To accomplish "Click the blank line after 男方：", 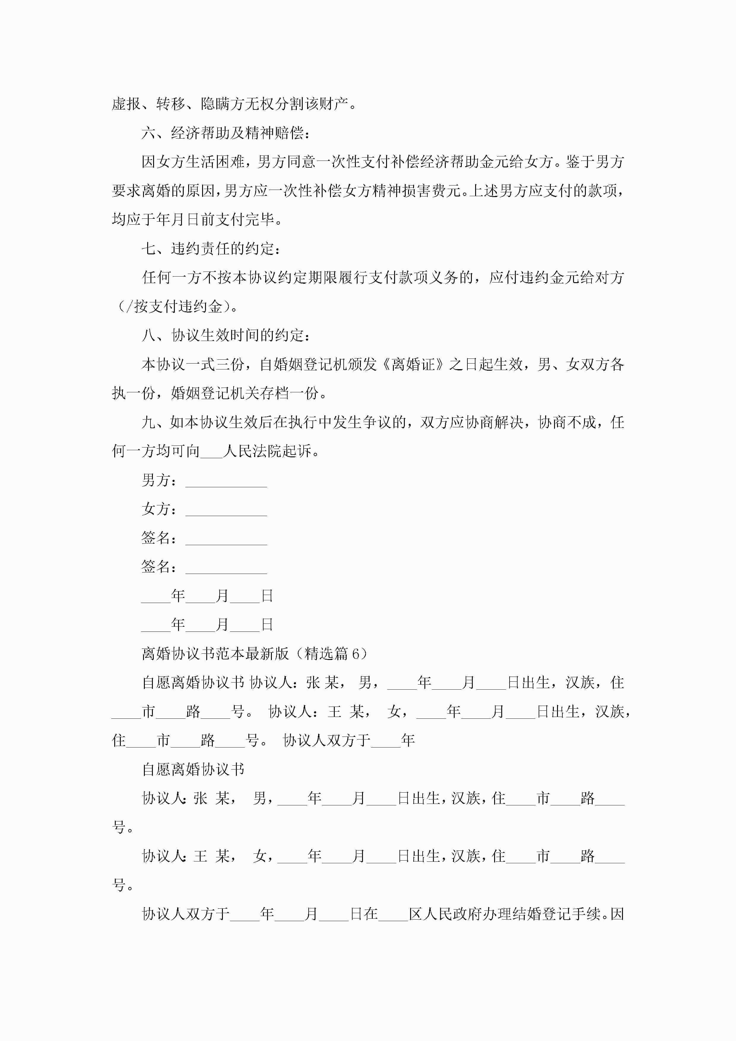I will [226, 482].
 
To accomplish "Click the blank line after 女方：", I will [226, 510].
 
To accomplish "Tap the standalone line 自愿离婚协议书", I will [193, 769].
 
